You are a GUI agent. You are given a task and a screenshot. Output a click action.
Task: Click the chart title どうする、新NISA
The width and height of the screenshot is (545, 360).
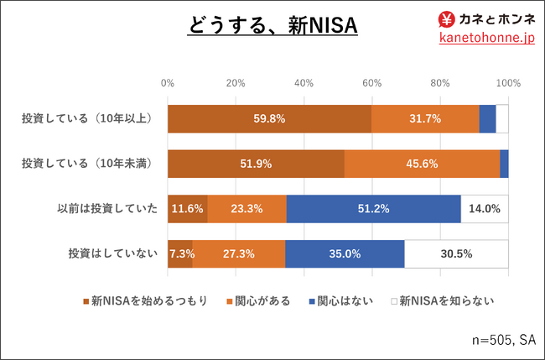click(272, 26)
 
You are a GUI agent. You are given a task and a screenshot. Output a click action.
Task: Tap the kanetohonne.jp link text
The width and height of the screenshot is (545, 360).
click(486, 39)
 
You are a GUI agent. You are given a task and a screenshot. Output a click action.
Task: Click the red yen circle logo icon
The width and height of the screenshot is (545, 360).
click(448, 18)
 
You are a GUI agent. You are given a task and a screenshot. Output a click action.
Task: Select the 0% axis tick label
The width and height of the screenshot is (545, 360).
click(168, 83)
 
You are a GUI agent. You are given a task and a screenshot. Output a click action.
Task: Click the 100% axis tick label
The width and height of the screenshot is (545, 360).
click(508, 83)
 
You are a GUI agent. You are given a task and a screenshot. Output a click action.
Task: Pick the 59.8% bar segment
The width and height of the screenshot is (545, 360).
click(269, 119)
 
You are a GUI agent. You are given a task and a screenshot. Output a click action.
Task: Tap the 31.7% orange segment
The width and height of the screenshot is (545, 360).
click(425, 119)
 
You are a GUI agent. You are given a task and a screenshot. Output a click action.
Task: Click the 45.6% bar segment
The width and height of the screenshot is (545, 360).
click(422, 164)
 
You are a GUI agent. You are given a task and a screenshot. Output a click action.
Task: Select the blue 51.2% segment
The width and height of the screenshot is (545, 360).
click(373, 208)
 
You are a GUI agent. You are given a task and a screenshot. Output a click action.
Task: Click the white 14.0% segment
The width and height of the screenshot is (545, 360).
click(485, 208)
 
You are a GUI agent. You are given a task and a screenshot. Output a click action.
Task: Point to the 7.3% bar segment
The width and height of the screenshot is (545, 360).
click(179, 253)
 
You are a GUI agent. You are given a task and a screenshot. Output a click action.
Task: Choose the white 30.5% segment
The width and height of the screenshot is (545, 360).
click(456, 253)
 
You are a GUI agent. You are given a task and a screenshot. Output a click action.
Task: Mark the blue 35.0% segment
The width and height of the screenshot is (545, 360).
click(345, 253)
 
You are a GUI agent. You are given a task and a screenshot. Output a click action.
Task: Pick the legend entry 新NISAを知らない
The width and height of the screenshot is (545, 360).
click(447, 300)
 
